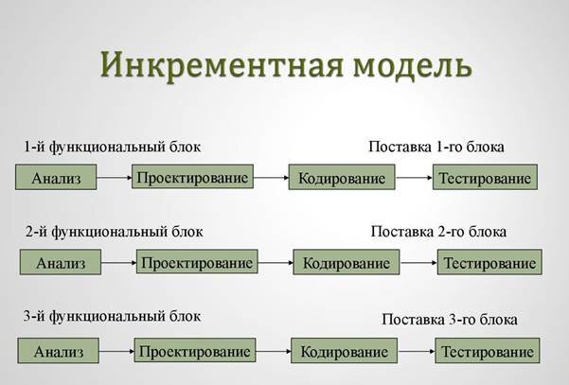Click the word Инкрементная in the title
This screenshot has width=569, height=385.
(x=222, y=64)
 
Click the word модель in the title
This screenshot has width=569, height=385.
(x=412, y=65)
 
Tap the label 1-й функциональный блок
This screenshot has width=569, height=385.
(x=112, y=147)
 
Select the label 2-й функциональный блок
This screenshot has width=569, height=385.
(x=115, y=232)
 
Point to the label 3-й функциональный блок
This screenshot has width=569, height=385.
(x=112, y=316)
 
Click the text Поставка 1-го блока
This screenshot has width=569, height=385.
(x=436, y=147)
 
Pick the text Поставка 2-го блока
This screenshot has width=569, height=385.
(x=438, y=232)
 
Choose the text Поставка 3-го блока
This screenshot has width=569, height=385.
(x=450, y=320)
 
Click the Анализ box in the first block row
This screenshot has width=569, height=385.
(x=56, y=177)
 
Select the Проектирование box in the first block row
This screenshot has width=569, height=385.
(x=192, y=177)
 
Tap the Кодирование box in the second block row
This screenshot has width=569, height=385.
(x=347, y=262)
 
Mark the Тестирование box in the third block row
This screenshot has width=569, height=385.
(x=488, y=351)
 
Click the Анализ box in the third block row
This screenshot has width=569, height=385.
(x=58, y=351)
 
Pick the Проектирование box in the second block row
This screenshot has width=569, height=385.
(x=197, y=261)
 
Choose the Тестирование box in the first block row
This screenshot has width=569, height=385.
(x=485, y=177)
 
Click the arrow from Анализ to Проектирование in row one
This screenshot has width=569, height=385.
(x=114, y=178)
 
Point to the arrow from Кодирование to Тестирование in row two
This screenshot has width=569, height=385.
(x=418, y=262)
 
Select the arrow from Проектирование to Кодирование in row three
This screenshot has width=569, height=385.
(x=274, y=351)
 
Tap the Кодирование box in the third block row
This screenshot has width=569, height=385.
(x=344, y=351)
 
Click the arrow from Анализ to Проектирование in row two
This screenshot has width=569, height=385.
(x=118, y=262)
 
